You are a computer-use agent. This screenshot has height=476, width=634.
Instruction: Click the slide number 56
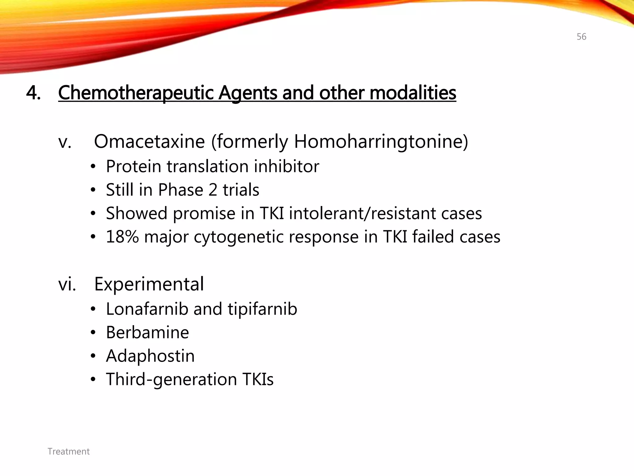581,37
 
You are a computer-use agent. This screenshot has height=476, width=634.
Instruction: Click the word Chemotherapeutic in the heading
136,93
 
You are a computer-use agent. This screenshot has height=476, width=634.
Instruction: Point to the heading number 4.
33,93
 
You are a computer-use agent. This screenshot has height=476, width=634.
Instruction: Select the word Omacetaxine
149,142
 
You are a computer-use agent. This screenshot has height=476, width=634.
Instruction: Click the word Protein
133,166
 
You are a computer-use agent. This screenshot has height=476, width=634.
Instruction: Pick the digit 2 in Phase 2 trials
213,190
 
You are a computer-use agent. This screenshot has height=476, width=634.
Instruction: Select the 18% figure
122,237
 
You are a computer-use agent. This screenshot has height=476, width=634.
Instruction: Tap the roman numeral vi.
67,284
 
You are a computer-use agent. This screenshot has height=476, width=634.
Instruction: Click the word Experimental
149,284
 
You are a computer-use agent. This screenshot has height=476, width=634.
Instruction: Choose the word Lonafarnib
147,309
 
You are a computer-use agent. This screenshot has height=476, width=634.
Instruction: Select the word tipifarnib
262,309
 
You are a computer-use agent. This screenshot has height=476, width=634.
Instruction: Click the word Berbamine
147,333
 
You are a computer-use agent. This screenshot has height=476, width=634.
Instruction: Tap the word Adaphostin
150,356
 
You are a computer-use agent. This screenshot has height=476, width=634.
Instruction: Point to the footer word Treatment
68,452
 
